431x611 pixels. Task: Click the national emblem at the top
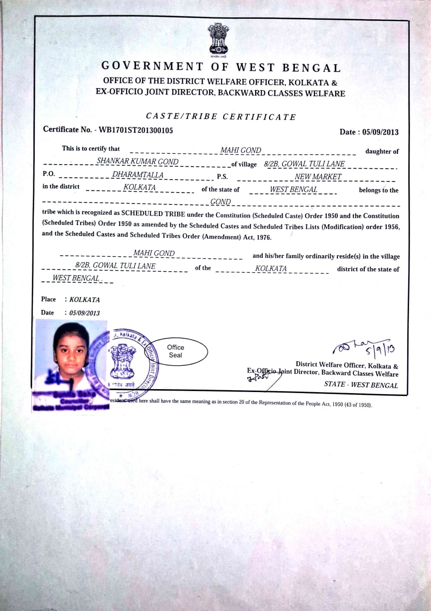click(x=218, y=39)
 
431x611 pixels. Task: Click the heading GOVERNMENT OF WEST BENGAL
click(x=221, y=67)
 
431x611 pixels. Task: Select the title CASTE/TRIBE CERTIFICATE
click(x=221, y=117)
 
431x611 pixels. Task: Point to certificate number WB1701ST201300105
click(x=136, y=130)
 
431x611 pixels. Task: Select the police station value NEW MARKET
click(x=318, y=177)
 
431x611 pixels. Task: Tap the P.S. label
click(x=222, y=177)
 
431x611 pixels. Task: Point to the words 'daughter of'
click(x=382, y=151)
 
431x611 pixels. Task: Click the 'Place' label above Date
click(x=48, y=300)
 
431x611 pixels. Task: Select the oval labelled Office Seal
click(x=175, y=351)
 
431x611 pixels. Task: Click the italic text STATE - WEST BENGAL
click(x=361, y=385)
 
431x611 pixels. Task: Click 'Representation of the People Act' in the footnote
click(x=301, y=404)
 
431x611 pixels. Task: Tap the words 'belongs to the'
click(x=379, y=190)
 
